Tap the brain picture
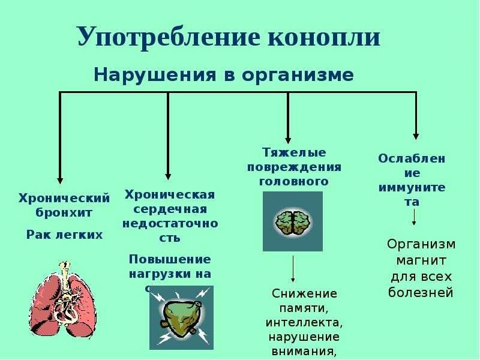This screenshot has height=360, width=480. [293, 221]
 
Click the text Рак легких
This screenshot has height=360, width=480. [64, 235]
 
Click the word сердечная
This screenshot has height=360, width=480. [170, 209]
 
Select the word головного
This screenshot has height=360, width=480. [293, 181]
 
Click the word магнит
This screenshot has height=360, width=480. [421, 261]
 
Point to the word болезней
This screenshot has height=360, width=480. [421, 293]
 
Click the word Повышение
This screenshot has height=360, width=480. [170, 259]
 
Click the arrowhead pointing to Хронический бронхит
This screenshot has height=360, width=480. [59, 178]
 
